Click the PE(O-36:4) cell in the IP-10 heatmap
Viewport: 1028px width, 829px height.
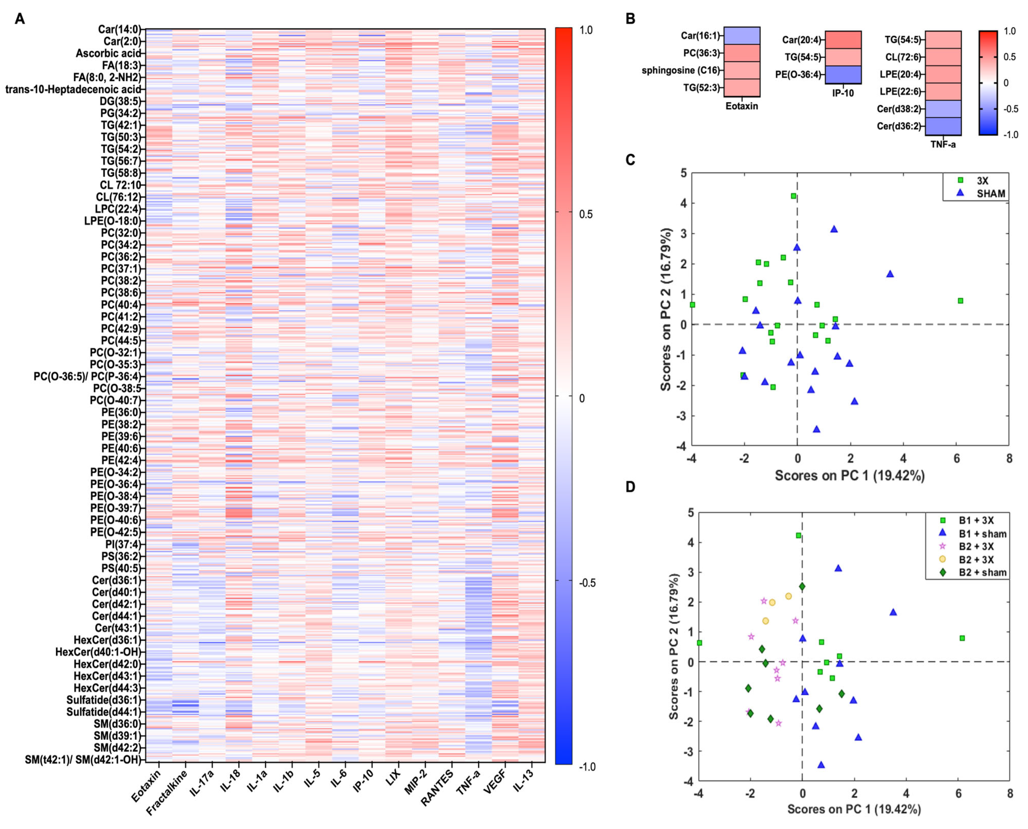pos(843,75)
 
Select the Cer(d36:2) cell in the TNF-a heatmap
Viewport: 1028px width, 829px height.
pos(943,126)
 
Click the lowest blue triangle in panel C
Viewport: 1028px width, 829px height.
pos(816,429)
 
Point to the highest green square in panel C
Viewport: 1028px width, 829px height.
pos(793,196)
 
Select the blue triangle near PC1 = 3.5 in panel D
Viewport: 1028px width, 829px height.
pos(893,612)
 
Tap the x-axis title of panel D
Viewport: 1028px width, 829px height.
pos(854,809)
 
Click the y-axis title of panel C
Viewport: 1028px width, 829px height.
pos(666,309)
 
